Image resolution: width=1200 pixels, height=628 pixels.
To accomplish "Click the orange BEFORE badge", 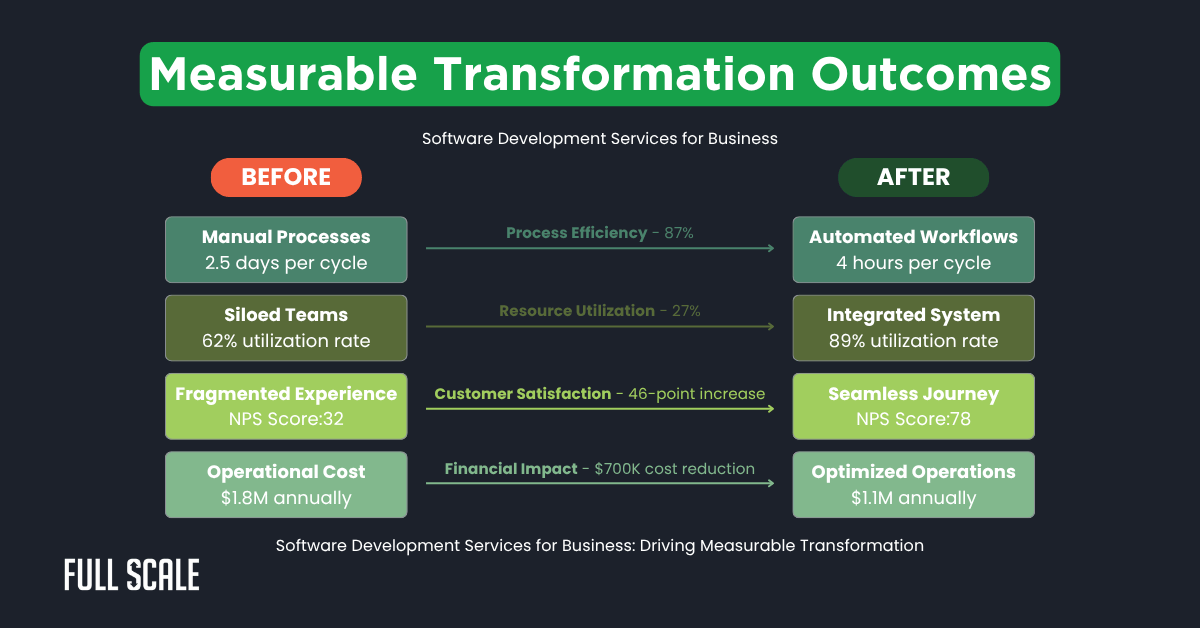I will (286, 177).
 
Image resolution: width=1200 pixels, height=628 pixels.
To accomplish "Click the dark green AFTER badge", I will (913, 177).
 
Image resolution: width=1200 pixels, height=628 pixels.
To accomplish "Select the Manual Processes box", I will (286, 250).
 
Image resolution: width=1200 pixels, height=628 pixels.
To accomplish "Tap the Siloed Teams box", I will (286, 328).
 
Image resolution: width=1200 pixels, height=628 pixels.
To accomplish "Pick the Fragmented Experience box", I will (286, 406).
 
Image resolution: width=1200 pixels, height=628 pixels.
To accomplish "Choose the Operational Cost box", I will (286, 484).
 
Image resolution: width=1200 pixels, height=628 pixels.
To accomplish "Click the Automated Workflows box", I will (913, 250).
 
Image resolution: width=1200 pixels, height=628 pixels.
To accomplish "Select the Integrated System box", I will (913, 328).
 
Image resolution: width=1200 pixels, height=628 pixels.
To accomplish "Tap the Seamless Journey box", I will (913, 406).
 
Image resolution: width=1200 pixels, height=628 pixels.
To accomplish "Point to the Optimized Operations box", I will (913, 484).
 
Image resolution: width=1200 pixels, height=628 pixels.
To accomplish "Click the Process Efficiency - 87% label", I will (599, 233).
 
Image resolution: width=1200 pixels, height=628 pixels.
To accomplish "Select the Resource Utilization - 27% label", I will (599, 311).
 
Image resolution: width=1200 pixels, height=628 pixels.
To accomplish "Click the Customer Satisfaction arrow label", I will (599, 394).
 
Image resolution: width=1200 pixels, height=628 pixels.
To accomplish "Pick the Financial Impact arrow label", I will (599, 468).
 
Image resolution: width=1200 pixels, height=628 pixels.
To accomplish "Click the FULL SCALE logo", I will (132, 575).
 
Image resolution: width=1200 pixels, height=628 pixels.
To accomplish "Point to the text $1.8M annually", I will (286, 497).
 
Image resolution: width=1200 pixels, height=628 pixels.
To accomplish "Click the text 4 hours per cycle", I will (913, 264).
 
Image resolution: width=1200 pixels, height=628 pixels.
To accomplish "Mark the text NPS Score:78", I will (913, 419).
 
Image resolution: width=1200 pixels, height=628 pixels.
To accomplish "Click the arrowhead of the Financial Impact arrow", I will (770, 483).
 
